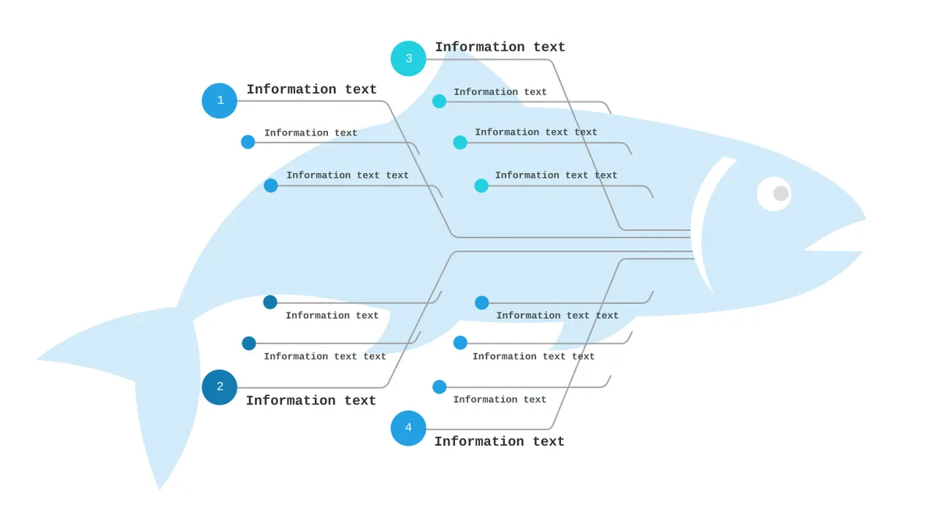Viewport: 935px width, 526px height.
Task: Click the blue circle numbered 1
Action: pos(219,101)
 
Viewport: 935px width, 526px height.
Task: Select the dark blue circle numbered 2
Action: pos(219,387)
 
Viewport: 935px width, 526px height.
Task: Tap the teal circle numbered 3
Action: pos(408,58)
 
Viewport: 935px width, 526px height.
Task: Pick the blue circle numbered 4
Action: pos(408,428)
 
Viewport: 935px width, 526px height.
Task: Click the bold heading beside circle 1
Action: pos(312,90)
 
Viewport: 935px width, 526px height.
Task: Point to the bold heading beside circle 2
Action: pos(311,401)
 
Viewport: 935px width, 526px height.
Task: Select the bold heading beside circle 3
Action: pos(500,47)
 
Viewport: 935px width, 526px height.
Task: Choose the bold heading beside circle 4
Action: pos(499,441)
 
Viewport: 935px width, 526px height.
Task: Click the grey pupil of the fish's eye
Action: pos(781,193)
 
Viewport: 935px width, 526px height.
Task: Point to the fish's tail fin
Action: pos(125,376)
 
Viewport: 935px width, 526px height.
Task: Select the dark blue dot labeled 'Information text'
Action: pos(270,302)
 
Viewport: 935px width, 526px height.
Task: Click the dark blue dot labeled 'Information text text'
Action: pos(249,343)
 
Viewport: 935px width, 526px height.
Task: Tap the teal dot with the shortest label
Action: pos(439,101)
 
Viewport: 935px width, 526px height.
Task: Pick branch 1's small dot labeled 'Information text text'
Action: pos(270,185)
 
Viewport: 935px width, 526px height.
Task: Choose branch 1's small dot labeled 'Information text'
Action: pos(248,142)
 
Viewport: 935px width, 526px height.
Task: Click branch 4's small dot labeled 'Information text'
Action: pos(439,387)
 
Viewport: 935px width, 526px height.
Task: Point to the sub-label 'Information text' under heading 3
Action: pos(500,92)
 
